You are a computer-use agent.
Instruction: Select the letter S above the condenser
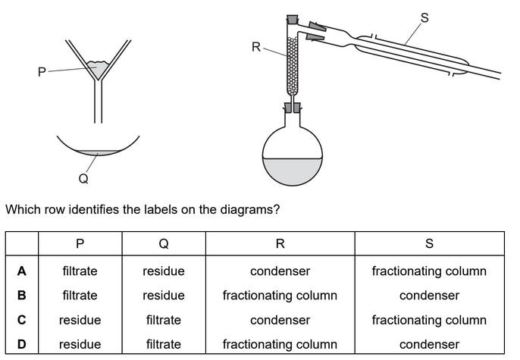point(424,19)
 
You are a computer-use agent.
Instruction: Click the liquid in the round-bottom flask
point(293,167)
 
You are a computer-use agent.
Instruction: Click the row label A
point(22,271)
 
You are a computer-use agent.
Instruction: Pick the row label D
point(22,344)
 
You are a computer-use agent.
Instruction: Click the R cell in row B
point(280,295)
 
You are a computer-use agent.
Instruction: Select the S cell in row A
point(429,271)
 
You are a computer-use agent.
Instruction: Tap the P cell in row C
point(80,320)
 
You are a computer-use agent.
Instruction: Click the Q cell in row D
point(164,344)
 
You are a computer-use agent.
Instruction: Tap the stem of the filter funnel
point(97,102)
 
